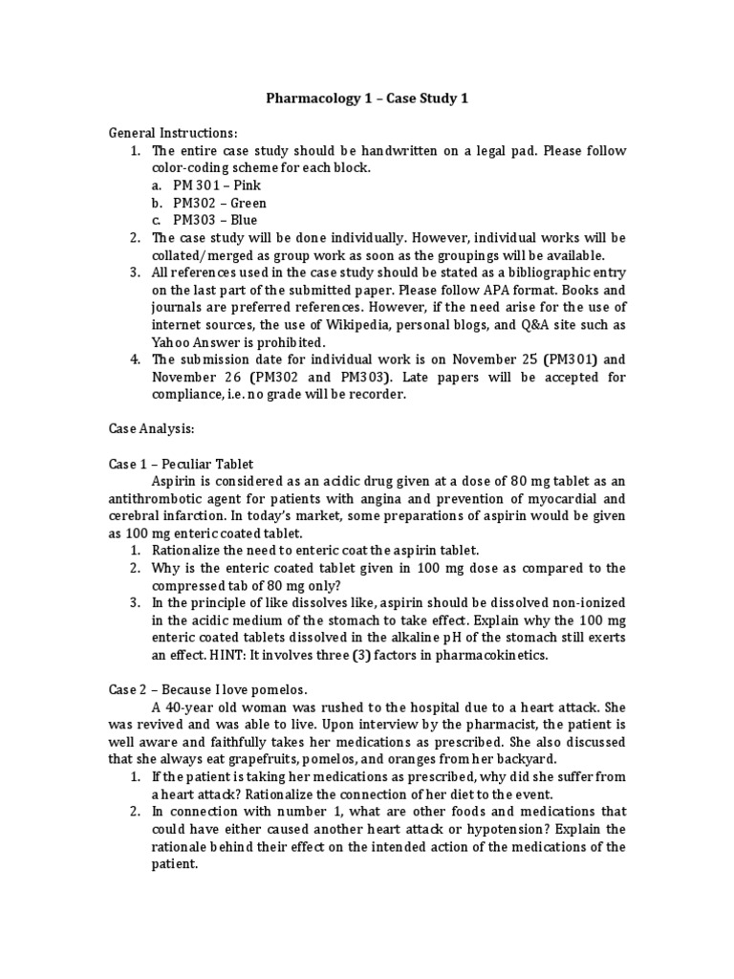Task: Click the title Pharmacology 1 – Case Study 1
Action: [366, 98]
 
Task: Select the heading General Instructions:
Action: [172, 132]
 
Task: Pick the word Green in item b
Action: [247, 203]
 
